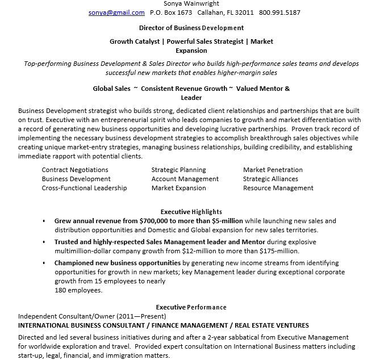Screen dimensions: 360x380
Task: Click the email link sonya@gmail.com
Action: tap(116, 12)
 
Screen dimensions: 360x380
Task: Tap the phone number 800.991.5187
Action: tap(279, 12)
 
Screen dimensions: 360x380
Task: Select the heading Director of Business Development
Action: tap(191, 27)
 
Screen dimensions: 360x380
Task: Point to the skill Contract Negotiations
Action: tap(75, 170)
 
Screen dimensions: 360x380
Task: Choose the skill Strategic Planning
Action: tap(178, 170)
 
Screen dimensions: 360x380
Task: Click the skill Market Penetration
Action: tap(273, 170)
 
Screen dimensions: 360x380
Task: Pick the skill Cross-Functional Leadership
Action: tap(84, 188)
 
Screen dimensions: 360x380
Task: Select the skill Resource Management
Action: tap(278, 188)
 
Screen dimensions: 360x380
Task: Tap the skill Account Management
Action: tap(185, 179)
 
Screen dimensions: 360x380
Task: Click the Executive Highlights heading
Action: tap(191, 212)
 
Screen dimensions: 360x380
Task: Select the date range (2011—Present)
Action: tap(141, 316)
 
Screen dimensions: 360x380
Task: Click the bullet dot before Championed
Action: tap(44, 263)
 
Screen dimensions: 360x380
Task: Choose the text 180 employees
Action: tap(78, 290)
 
